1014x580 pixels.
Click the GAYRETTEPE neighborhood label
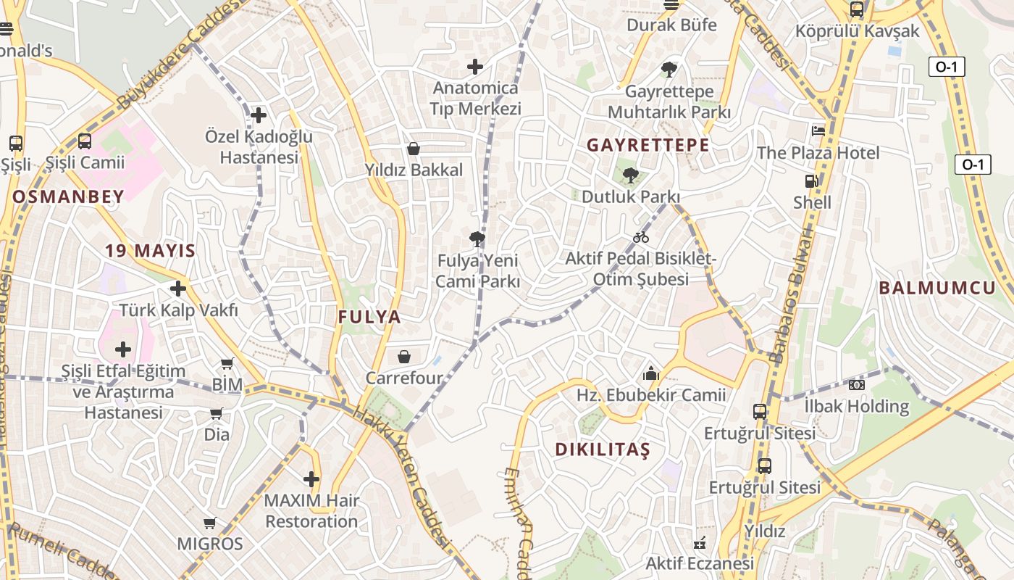coord(648,145)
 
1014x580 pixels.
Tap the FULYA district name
coord(369,317)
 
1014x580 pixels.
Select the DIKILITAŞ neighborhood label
coord(603,449)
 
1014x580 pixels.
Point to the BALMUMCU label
coord(937,288)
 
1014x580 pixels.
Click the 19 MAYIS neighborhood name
coord(150,252)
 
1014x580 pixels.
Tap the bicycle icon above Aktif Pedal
coord(641,237)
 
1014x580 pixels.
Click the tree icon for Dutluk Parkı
coord(631,175)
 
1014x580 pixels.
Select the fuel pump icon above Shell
coord(812,181)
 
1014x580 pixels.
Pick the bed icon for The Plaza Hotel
coord(818,131)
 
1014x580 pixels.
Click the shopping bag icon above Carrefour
coord(404,357)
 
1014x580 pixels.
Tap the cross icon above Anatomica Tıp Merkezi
coord(475,67)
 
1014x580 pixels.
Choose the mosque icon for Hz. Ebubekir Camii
coord(650,374)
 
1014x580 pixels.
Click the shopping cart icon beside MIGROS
coord(210,523)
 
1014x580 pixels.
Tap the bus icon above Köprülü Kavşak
coord(857,9)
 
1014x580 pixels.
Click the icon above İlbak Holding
coord(857,385)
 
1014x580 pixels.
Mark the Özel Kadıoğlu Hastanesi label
coord(259,146)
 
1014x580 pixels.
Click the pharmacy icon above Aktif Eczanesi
coord(700,542)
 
